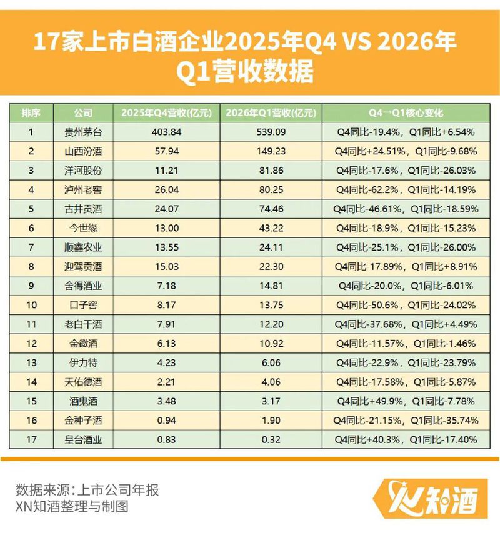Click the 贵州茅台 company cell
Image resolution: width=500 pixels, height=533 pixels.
(83, 132)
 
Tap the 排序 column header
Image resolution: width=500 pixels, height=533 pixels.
(31, 113)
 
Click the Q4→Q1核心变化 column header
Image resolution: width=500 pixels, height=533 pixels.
(406, 113)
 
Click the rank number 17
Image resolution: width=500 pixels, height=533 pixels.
(31, 439)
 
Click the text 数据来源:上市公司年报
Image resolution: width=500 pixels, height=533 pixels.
(87, 489)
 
